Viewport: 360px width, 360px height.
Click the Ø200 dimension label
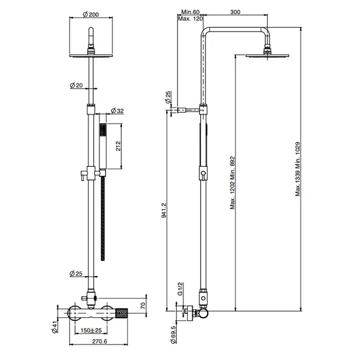[91, 14]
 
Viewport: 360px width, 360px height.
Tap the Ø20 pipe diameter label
[76, 85]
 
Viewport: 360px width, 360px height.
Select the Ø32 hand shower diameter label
[117, 111]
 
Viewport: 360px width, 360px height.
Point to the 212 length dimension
[118, 146]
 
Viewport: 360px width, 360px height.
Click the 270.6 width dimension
[100, 341]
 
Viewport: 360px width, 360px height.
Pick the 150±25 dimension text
[91, 330]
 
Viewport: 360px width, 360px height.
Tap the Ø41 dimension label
[55, 327]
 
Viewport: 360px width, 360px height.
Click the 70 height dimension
[143, 305]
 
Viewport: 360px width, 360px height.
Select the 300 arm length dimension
[235, 12]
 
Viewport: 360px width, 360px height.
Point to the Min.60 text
[190, 12]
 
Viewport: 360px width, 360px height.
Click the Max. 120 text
[191, 19]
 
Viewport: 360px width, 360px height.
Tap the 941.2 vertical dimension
[165, 210]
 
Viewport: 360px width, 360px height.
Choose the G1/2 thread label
[180, 289]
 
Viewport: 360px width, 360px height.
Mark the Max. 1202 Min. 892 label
[232, 183]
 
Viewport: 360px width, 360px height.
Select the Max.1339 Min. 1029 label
[298, 169]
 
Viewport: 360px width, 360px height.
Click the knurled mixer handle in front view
[122, 313]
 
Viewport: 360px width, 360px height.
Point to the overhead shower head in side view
[267, 56]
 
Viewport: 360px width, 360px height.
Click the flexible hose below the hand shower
[103, 219]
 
